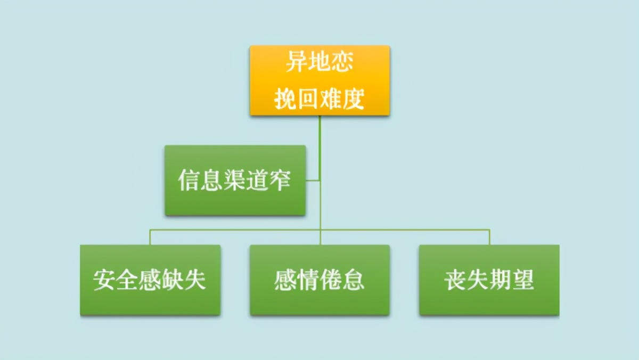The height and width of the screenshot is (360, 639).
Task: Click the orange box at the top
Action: coord(319,80)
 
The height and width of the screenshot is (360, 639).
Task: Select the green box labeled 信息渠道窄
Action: coord(235,181)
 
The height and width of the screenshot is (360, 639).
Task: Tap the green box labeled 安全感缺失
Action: coord(150,280)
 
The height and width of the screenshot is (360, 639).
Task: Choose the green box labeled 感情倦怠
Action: coord(319,280)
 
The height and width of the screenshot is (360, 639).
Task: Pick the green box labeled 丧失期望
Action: coord(489,280)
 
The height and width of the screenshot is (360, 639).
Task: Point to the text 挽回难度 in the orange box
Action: coord(319,99)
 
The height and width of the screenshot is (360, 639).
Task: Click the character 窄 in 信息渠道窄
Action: coord(281,181)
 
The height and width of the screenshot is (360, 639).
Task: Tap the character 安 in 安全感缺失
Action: coord(105,280)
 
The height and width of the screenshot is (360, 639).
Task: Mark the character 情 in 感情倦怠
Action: coord(308,280)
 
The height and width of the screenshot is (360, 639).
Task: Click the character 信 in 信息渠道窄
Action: coord(189,181)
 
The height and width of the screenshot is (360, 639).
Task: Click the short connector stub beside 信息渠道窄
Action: coord(313,181)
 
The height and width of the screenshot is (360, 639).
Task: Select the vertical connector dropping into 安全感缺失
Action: coord(150,238)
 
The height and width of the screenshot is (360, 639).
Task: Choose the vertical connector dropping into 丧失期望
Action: coord(489,238)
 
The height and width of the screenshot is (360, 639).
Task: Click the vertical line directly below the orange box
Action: coord(320,133)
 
